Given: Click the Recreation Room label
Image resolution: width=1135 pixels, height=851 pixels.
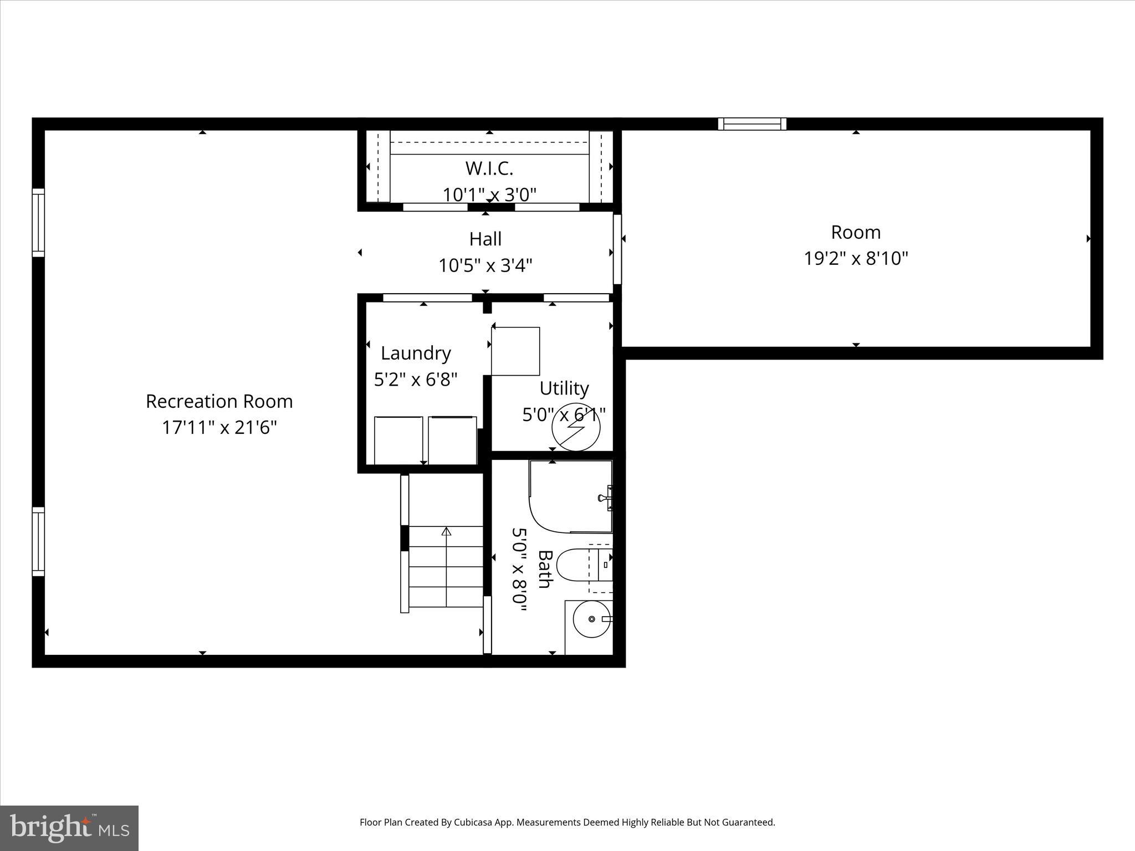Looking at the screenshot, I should tap(219, 402).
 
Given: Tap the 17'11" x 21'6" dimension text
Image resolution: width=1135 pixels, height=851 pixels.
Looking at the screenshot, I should tap(219, 428).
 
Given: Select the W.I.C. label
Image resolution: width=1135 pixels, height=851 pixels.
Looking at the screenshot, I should tap(489, 168).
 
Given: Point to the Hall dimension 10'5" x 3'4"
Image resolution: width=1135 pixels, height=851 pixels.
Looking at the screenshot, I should tap(485, 266).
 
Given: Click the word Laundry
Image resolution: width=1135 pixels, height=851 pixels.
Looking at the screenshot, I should tap(416, 353).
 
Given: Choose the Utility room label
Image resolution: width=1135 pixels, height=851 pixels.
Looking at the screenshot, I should tap(564, 388).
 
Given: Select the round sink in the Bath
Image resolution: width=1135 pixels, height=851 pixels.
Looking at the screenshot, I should tap(592, 619).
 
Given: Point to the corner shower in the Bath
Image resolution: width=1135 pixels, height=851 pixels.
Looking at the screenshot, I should tap(571, 496).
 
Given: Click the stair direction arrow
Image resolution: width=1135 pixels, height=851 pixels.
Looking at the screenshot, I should tap(446, 532).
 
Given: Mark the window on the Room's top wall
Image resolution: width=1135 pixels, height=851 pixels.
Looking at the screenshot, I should tap(752, 124).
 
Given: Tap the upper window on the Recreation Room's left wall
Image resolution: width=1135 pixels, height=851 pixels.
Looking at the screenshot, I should tap(38, 223).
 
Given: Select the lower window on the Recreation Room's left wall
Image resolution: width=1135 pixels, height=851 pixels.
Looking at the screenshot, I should tap(38, 542).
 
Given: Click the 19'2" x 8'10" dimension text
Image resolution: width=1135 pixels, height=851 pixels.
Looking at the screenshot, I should tap(856, 259).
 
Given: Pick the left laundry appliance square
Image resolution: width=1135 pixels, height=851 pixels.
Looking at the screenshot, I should tap(398, 440).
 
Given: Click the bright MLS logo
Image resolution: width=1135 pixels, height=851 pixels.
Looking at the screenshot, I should tap(69, 828).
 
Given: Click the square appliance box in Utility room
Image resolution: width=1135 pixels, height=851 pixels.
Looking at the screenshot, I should tap(515, 351).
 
